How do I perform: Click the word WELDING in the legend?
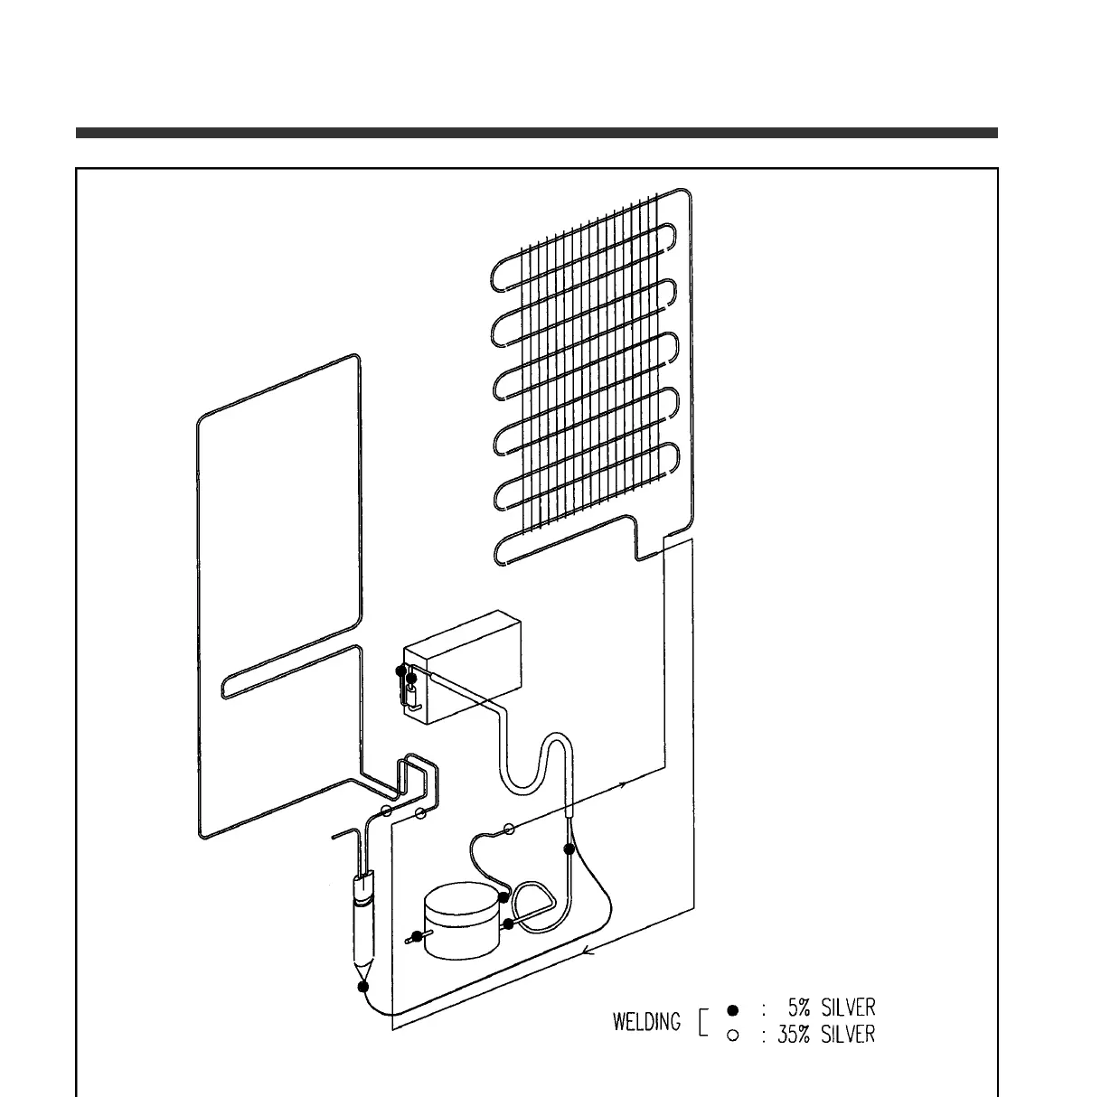coord(646,1022)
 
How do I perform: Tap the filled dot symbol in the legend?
coord(733,1008)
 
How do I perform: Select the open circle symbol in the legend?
coord(733,1036)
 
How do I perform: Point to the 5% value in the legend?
coord(804,1008)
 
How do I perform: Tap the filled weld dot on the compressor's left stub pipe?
coord(417,937)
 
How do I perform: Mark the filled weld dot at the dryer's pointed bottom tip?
coord(363,986)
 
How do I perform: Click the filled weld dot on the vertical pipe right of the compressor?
coord(569,849)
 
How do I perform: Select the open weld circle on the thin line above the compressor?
coord(508,828)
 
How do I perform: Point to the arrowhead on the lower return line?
coord(588,950)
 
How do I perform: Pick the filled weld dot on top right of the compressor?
coord(503,897)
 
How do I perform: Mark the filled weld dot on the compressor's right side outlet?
coord(509,924)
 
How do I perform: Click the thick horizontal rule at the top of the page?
coord(536,133)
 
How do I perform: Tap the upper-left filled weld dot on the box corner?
coord(400,670)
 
